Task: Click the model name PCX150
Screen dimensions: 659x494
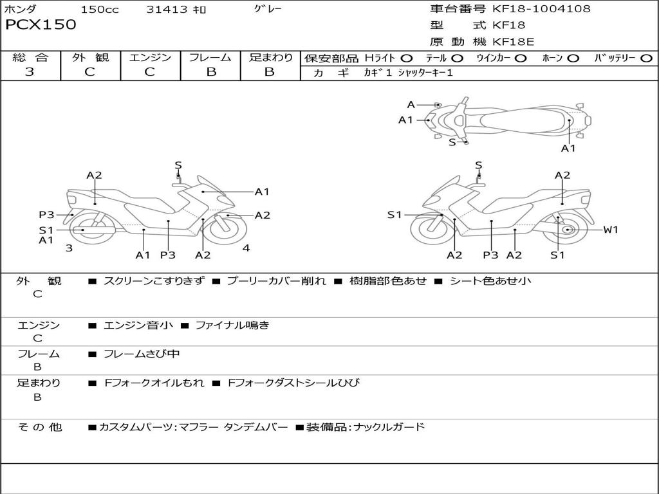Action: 41,25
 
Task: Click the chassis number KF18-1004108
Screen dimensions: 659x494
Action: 541,9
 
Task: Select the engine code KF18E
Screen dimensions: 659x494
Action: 513,42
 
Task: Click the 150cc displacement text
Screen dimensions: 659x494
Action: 100,10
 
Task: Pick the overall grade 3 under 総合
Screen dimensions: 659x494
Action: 30,72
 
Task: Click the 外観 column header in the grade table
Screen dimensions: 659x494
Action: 90,57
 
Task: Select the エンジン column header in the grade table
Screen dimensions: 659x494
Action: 150,57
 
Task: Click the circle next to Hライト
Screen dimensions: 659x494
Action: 407,58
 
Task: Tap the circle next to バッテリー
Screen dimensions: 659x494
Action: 647,58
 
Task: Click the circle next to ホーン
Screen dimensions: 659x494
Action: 573,58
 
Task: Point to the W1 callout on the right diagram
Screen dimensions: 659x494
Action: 610,230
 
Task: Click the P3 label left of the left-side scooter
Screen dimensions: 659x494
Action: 46,215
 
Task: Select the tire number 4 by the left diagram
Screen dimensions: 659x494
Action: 246,248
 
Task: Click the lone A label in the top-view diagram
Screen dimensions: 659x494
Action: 411,105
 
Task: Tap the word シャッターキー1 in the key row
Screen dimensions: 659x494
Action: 425,73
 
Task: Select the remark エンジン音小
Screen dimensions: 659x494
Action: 138,325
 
